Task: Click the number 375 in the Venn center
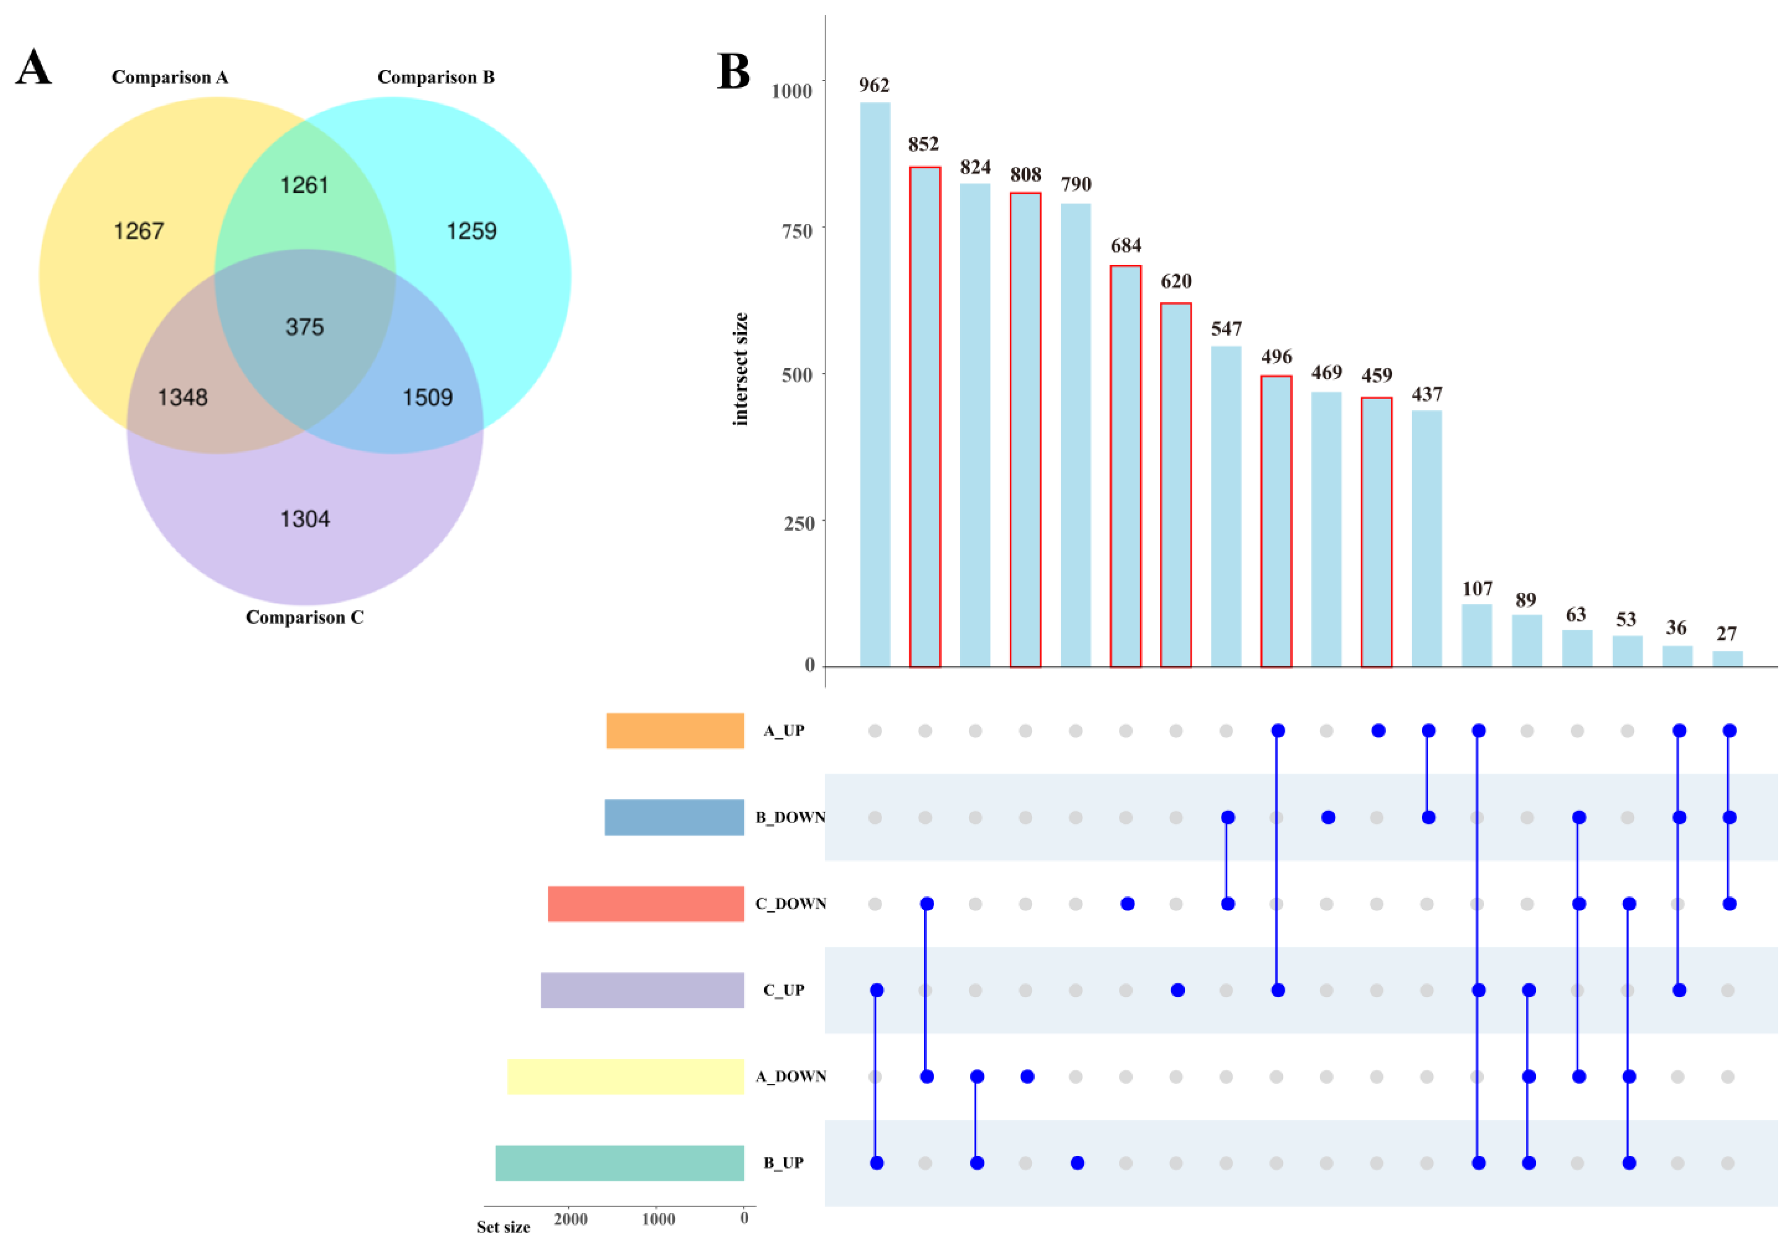pyautogui.click(x=304, y=327)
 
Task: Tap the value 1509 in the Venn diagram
pyautogui.click(x=428, y=397)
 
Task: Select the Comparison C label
pyautogui.click(x=304, y=617)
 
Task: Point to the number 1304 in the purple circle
pyautogui.click(x=305, y=519)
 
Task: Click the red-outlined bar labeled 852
pyautogui.click(x=925, y=417)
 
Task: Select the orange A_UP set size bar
pyautogui.click(x=675, y=731)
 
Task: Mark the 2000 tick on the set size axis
pyautogui.click(x=570, y=1219)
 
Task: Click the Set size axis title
pyautogui.click(x=503, y=1227)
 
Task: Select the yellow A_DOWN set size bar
pyautogui.click(x=626, y=1076)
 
